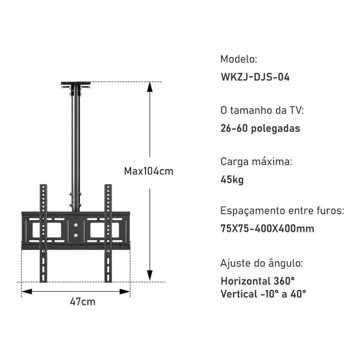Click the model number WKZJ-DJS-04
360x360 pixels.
[255, 77]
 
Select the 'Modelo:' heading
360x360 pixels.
[239, 59]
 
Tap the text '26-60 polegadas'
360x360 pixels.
[260, 128]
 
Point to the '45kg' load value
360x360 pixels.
[232, 180]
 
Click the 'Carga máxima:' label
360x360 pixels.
[256, 161]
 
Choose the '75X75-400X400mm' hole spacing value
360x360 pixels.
[267, 229]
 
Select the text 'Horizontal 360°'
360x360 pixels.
[257, 281]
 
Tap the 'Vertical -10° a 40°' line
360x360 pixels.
[263, 294]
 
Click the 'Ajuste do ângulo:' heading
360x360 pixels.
[262, 263]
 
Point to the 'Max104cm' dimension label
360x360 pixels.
[149, 171]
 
